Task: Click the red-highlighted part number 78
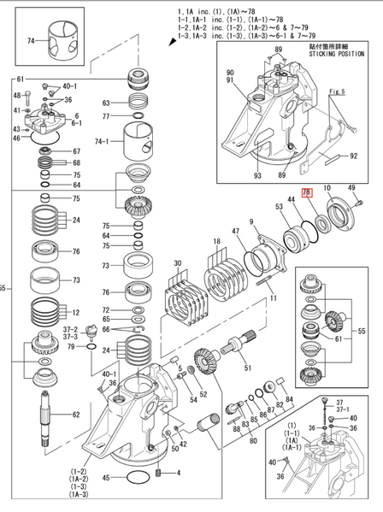pyautogui.click(x=308, y=195)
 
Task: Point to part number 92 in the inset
pyautogui.click(x=352, y=156)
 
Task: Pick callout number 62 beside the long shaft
pyautogui.click(x=76, y=415)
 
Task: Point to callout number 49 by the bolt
pyautogui.click(x=351, y=188)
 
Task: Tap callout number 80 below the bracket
pyautogui.click(x=252, y=440)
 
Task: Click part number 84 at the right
pyautogui.click(x=290, y=400)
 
